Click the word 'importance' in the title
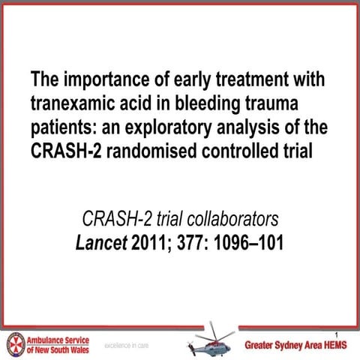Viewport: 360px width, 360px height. coord(100,79)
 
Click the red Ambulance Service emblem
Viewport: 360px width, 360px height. coord(14,343)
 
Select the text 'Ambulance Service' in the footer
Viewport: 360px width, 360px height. coord(58,338)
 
